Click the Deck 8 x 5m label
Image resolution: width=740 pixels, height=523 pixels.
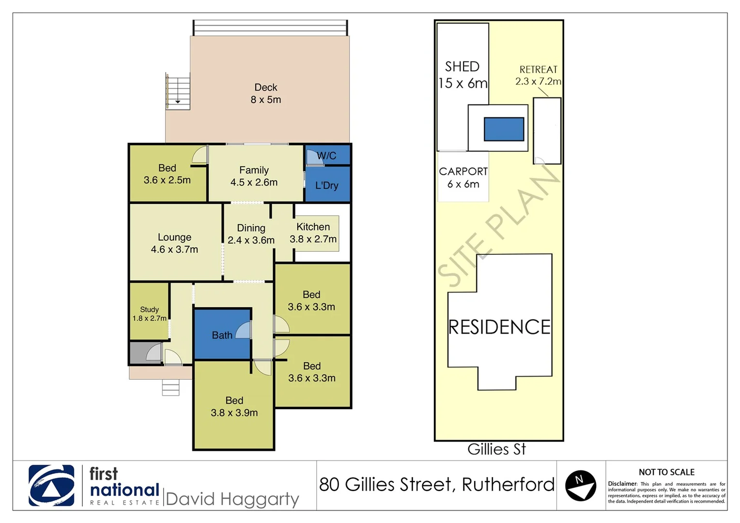click(x=266, y=93)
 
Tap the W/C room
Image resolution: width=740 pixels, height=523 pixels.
click(x=327, y=155)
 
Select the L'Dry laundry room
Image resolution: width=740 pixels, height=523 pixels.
click(x=327, y=185)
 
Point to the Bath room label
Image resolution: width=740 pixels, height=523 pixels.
click(x=222, y=335)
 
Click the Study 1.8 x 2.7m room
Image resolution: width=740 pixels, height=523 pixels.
click(x=149, y=313)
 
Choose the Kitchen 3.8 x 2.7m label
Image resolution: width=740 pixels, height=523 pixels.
click(x=313, y=233)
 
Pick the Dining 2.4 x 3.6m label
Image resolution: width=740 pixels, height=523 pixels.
click(x=251, y=234)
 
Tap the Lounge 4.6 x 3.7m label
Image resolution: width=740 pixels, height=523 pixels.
click(x=174, y=243)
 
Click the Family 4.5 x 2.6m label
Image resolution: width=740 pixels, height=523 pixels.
click(x=254, y=176)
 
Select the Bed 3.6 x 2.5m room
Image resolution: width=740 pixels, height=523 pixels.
click(x=167, y=174)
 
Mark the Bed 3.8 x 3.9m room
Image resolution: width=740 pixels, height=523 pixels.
click(x=234, y=406)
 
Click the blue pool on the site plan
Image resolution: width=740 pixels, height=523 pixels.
click(x=504, y=129)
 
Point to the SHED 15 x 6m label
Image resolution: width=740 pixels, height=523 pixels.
click(x=462, y=75)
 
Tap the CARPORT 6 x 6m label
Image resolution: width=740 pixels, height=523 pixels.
click(x=463, y=178)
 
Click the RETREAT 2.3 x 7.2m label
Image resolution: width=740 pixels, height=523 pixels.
click(x=538, y=75)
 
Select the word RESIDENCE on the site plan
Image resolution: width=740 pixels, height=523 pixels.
click(x=499, y=327)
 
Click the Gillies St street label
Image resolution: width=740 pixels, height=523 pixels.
click(x=496, y=449)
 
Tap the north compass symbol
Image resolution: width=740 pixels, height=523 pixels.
click(x=580, y=485)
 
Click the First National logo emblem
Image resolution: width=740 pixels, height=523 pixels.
click(x=51, y=486)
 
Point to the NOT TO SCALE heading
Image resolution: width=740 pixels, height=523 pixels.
click(x=666, y=472)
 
